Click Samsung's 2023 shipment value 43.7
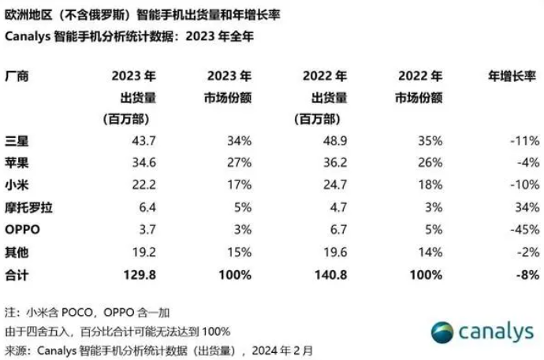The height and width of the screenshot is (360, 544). coord(143,141)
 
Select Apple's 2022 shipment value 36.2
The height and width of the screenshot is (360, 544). coord(335,162)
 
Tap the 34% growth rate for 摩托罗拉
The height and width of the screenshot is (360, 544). coord(527,207)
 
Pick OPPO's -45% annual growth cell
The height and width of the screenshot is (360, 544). coord(524,230)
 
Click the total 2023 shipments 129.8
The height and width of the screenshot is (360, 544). coord(140,275)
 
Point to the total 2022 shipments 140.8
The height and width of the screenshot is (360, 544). coord(331,275)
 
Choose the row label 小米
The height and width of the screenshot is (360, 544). coord(17,185)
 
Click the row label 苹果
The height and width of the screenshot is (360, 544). coord(17,162)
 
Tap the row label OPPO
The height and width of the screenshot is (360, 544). coord(23,230)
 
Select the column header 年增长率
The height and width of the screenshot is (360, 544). coord(512,76)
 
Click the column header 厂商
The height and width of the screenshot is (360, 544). coord(17,76)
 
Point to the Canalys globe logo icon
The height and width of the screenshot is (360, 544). coord(442,332)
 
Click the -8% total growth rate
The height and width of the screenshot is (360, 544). coord(527,275)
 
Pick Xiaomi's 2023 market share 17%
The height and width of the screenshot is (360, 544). coord(240,184)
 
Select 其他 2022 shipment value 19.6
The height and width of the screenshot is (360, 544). coord(335,252)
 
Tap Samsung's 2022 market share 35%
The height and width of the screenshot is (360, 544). coord(430,141)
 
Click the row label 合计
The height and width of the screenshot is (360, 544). coord(17,276)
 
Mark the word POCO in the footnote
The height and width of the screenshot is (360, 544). coord(76,313)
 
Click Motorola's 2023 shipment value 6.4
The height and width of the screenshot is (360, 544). coord(147,207)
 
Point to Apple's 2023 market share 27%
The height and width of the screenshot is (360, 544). coord(240,162)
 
